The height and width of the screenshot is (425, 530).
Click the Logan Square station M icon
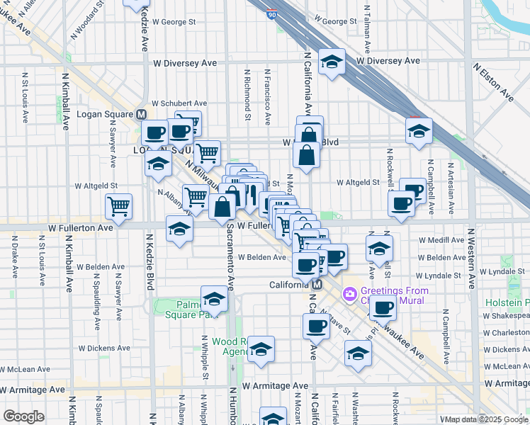(141, 114)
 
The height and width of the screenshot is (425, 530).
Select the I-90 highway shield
(272, 13)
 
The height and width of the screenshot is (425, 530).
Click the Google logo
(24, 416)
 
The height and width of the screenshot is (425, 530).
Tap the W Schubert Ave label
(179, 103)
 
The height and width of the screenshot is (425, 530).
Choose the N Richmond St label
(247, 95)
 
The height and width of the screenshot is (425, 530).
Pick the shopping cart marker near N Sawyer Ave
(119, 207)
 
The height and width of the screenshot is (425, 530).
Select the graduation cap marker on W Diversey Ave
(332, 62)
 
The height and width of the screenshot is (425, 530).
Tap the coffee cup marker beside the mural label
(383, 308)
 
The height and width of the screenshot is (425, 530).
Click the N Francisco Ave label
(267, 95)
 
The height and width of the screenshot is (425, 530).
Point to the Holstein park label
(509, 302)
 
